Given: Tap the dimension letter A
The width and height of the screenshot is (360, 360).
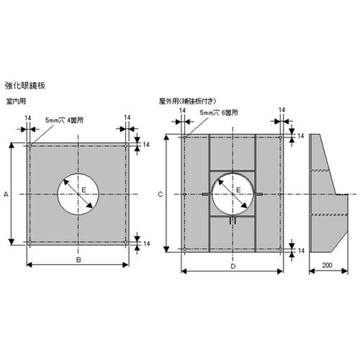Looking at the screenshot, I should point(5,194).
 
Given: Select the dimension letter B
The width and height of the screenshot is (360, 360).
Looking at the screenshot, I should point(78,259).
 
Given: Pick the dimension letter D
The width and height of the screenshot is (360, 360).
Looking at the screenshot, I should point(233,265).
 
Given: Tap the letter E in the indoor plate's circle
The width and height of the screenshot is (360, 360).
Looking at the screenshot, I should point(84,190).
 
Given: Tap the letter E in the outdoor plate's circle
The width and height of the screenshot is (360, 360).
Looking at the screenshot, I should point(238,190).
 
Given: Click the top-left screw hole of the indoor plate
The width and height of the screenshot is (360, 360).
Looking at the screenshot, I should point(29,145).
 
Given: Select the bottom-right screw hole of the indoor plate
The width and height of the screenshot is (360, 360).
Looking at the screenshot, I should point(126,243).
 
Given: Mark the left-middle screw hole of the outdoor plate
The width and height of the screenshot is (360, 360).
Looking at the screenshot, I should point(184,194).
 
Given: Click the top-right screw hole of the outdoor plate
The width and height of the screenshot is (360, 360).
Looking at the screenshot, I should point(281,137).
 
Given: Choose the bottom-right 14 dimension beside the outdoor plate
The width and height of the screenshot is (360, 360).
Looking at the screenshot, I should point(301,250).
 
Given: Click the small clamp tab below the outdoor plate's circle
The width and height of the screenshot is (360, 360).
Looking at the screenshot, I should point(233,221).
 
